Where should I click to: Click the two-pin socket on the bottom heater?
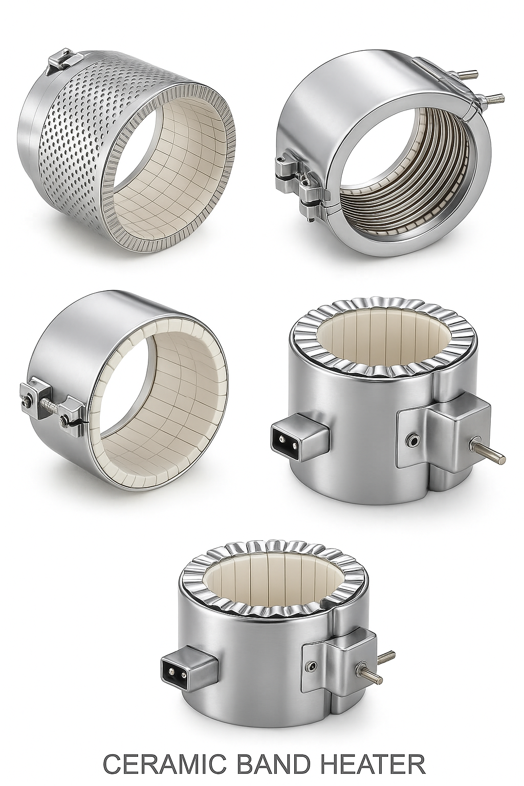click(172, 669)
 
